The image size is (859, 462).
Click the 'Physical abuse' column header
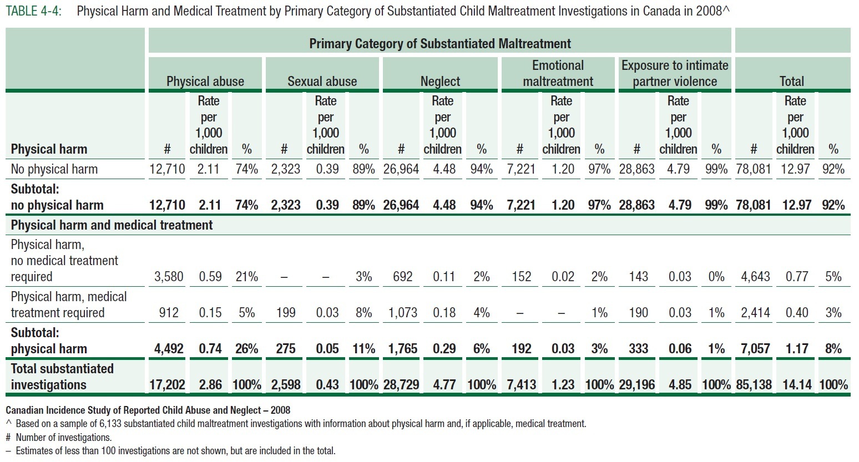pyautogui.click(x=205, y=82)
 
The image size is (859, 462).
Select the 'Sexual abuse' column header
pyautogui.click(x=322, y=82)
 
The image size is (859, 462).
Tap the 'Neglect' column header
pyautogui.click(x=440, y=82)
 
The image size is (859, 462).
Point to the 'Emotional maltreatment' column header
pyautogui.click(x=558, y=73)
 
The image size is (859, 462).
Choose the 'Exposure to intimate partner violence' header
pyautogui.click(x=675, y=73)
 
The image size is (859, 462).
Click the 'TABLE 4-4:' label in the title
pyautogui.click(x=33, y=11)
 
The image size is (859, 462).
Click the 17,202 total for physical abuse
pyautogui.click(x=167, y=384)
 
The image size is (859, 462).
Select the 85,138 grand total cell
pyautogui.click(x=754, y=384)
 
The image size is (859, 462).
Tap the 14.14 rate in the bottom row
pyautogui.click(x=797, y=384)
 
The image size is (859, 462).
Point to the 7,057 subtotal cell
pyautogui.click(x=755, y=349)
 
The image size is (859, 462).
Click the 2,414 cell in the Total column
pyautogui.click(x=755, y=313)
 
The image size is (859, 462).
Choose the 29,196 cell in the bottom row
pyautogui.click(x=637, y=384)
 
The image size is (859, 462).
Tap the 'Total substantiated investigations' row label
pyautogui.click(x=62, y=377)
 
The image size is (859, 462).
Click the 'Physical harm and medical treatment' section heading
pyautogui.click(x=112, y=225)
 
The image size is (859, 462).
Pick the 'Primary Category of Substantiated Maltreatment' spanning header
pyautogui.click(x=440, y=44)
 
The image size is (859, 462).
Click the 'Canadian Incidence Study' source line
pyautogui.click(x=148, y=410)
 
